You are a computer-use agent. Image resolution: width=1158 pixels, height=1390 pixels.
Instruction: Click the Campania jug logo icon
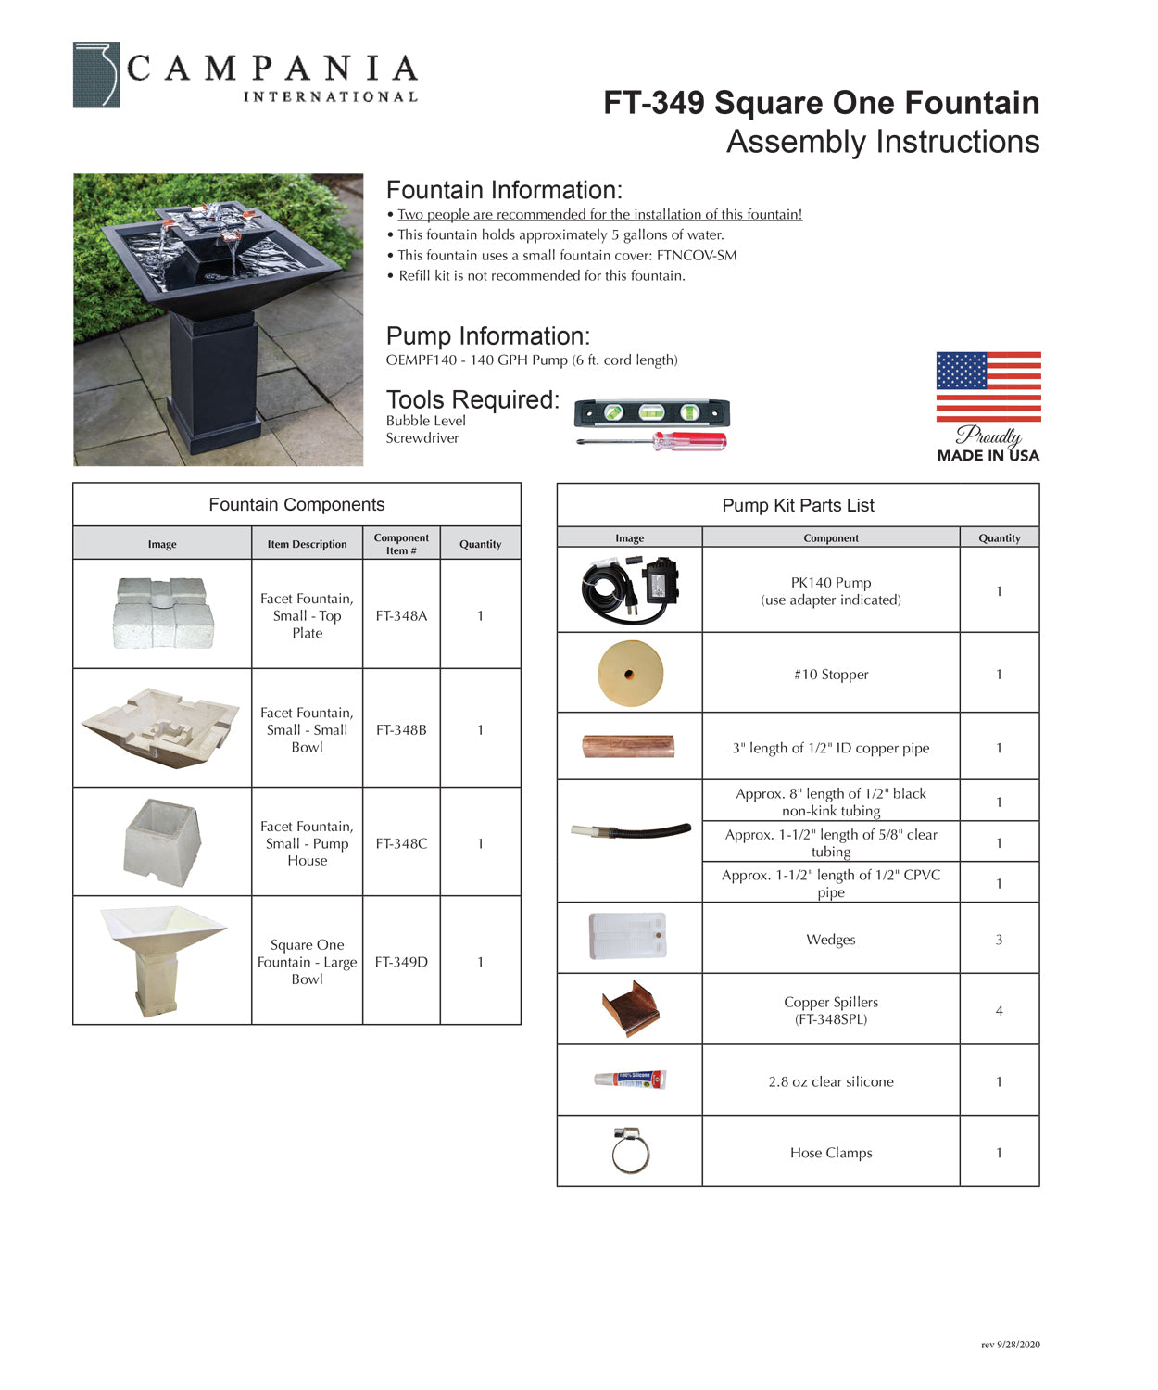(96, 75)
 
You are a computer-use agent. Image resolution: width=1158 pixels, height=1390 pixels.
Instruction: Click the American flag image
(988, 386)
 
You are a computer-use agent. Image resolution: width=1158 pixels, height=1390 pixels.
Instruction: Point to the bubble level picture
(651, 412)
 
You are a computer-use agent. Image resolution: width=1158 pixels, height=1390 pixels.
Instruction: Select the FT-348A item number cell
(401, 615)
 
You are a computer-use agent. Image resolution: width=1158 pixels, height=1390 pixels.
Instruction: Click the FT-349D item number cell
(401, 962)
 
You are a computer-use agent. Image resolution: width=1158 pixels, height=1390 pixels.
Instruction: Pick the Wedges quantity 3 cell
(999, 940)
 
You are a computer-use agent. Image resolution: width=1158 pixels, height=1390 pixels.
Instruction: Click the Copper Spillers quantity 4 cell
(999, 1011)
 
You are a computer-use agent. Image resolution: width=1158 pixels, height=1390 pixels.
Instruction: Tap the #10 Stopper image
(630, 674)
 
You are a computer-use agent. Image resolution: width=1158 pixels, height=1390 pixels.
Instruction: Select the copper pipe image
(628, 747)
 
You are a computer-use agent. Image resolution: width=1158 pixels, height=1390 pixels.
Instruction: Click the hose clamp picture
(630, 1151)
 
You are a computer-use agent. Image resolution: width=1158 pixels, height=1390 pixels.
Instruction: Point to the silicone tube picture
(630, 1080)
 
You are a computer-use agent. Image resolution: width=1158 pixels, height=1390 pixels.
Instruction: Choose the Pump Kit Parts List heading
(798, 505)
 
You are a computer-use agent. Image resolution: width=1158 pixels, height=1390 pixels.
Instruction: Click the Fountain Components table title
(296, 504)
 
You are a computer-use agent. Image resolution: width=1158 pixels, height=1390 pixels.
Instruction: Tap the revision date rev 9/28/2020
(1010, 1345)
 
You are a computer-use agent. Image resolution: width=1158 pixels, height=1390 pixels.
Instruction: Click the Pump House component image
(163, 841)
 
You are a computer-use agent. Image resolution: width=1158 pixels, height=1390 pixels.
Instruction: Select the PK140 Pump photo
(630, 589)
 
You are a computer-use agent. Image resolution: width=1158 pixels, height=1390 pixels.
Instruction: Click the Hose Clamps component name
(831, 1153)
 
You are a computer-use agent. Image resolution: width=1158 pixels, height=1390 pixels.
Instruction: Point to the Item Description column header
(307, 544)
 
